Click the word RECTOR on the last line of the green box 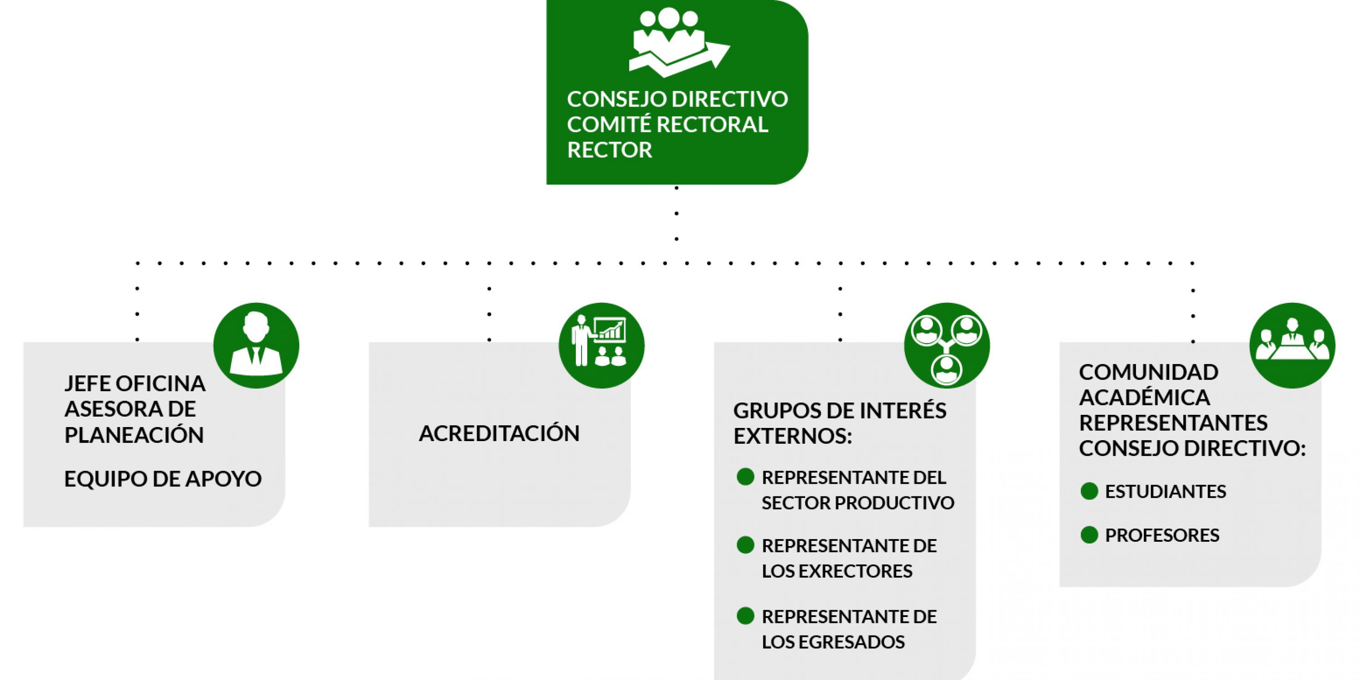click(609, 150)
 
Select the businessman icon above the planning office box click(256, 345)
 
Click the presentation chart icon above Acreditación click(601, 345)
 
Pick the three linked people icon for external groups click(947, 346)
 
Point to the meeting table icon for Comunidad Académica click(1292, 345)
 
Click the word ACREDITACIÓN click(499, 433)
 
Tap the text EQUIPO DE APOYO click(163, 479)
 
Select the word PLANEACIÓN click(134, 435)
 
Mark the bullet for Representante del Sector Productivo click(745, 477)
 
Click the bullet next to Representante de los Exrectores click(745, 545)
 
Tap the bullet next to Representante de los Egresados click(745, 616)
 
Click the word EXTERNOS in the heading click(792, 436)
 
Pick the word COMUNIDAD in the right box click(1148, 372)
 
